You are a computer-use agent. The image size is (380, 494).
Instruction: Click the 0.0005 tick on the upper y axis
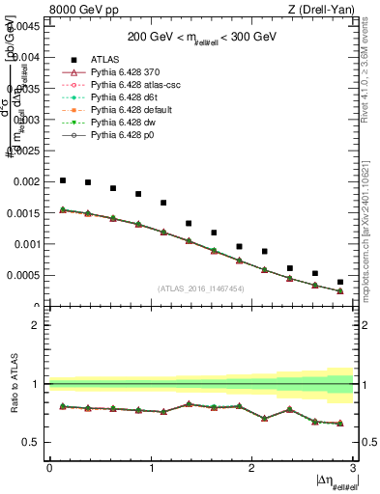(x=24, y=275)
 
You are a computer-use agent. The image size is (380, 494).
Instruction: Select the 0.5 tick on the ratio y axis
(x=34, y=442)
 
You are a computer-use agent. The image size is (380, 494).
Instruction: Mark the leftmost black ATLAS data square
(x=62, y=180)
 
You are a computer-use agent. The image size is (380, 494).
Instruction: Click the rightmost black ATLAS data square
(x=340, y=282)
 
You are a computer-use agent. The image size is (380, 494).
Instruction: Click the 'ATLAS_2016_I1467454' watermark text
(x=201, y=288)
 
